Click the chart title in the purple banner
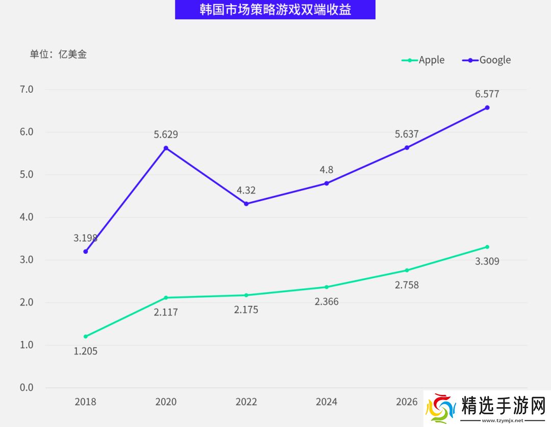pyautogui.click(x=275, y=10)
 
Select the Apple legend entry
pyautogui.click(x=423, y=60)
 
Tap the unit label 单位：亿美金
pyautogui.click(x=58, y=54)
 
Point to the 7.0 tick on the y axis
pyautogui.click(x=26, y=90)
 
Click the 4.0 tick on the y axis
pyautogui.click(x=26, y=217)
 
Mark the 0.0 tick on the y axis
pyautogui.click(x=26, y=388)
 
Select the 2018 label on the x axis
pyautogui.click(x=85, y=402)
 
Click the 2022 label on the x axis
pyautogui.click(x=246, y=402)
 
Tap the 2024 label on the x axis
pyautogui.click(x=327, y=402)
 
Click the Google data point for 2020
pyautogui.click(x=166, y=148)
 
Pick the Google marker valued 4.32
pyautogui.click(x=246, y=204)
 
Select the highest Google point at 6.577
pyautogui.click(x=487, y=108)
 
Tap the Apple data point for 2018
pyautogui.click(x=86, y=336)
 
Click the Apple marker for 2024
pyautogui.click(x=327, y=287)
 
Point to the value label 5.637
pyautogui.click(x=407, y=135)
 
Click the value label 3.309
pyautogui.click(x=487, y=261)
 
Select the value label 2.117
pyautogui.click(x=166, y=312)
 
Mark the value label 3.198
pyautogui.click(x=85, y=238)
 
